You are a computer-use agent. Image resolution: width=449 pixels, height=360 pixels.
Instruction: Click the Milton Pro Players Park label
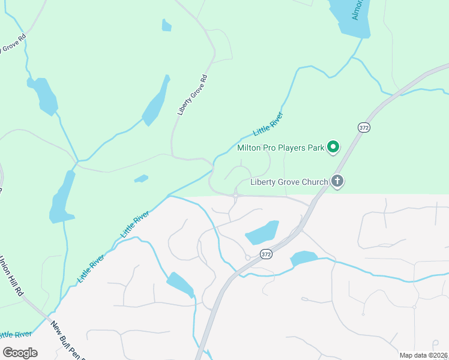[280, 147]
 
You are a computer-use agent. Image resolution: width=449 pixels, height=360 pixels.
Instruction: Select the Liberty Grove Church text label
[289, 182]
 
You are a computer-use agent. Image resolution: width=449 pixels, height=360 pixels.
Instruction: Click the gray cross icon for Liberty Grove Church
[338, 181]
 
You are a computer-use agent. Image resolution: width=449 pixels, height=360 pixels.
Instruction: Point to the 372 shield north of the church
[363, 128]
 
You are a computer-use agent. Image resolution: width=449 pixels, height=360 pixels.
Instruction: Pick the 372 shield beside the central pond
[267, 254]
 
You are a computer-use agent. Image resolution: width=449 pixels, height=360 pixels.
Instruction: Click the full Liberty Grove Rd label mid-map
[192, 95]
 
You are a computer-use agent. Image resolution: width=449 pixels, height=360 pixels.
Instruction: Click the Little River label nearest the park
[268, 124]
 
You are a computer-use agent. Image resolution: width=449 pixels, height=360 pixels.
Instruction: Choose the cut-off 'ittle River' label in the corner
[16, 334]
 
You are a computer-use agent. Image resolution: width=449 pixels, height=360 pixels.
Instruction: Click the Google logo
[20, 353]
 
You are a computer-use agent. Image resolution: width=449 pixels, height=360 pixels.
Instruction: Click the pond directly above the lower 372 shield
[262, 232]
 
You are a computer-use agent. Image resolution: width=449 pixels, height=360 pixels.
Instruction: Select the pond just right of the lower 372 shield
[304, 259]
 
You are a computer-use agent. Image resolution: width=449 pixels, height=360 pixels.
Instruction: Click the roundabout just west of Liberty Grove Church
[236, 196]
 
